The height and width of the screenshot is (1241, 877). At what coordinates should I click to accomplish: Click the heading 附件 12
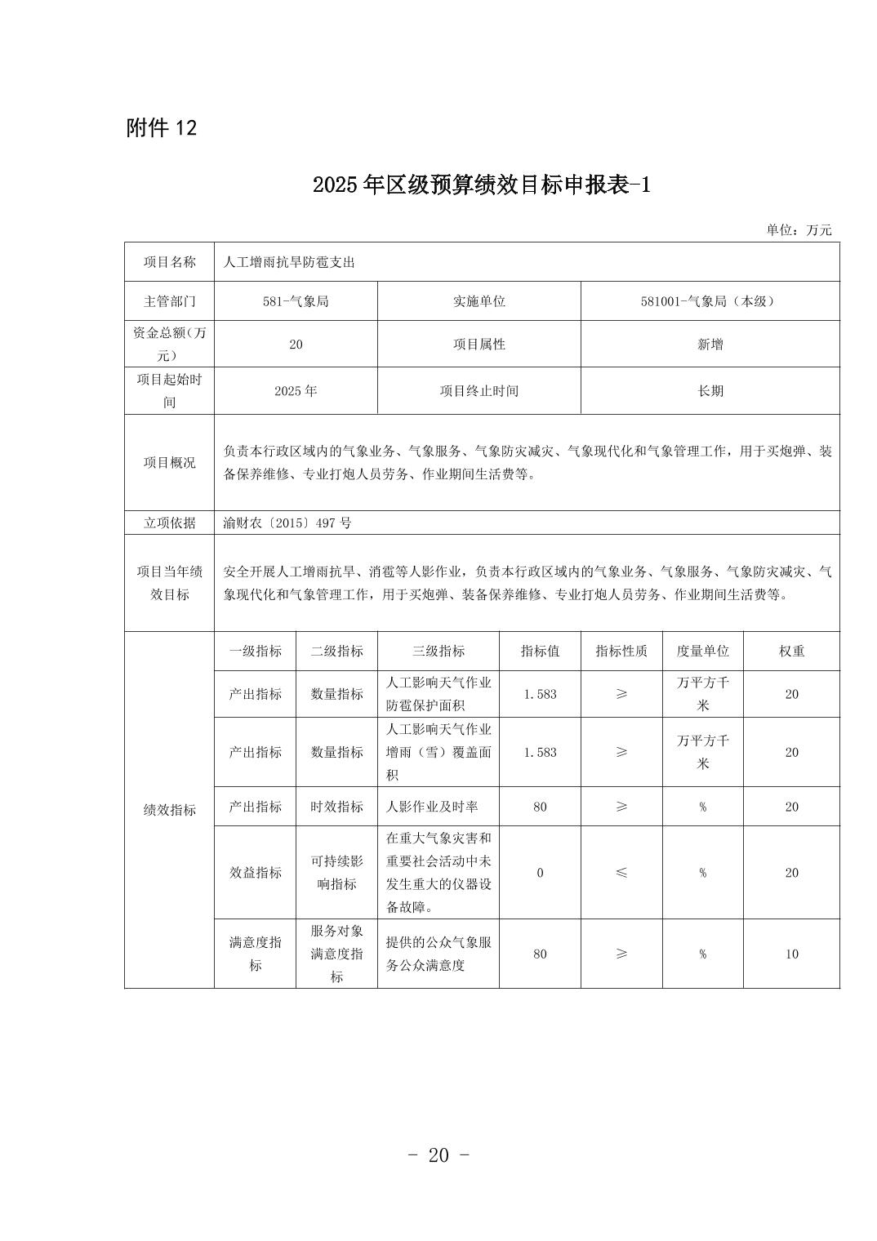(162, 128)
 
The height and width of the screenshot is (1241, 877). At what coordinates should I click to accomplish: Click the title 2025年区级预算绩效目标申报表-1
(481, 185)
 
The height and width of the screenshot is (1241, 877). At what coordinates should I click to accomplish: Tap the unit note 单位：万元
(799, 230)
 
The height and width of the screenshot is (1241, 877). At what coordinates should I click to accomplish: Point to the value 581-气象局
(296, 301)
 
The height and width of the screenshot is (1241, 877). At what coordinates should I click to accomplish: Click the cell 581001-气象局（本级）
(710, 301)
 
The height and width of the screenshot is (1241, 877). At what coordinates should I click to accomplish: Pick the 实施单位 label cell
(479, 301)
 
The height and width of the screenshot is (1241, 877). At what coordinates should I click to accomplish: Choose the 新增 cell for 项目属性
(710, 345)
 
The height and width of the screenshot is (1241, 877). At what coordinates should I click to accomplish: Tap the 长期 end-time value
(710, 391)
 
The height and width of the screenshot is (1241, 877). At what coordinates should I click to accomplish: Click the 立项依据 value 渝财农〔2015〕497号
(287, 523)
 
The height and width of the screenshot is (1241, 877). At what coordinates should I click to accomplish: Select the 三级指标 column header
(438, 652)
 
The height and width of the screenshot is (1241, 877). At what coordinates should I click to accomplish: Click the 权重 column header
(791, 652)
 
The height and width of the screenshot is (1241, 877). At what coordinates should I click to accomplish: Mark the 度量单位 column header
(702, 652)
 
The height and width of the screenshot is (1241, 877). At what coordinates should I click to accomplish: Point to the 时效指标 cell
(336, 807)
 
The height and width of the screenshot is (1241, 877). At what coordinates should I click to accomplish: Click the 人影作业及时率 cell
(432, 807)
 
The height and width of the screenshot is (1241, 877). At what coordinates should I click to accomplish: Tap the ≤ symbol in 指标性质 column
(621, 873)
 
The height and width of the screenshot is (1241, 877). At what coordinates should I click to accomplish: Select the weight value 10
(791, 954)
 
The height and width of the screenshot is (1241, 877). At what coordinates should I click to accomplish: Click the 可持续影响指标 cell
(336, 873)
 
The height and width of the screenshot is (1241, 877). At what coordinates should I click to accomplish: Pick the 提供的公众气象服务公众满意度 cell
(438, 954)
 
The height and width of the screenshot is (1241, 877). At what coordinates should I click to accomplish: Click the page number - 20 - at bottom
(438, 1155)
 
